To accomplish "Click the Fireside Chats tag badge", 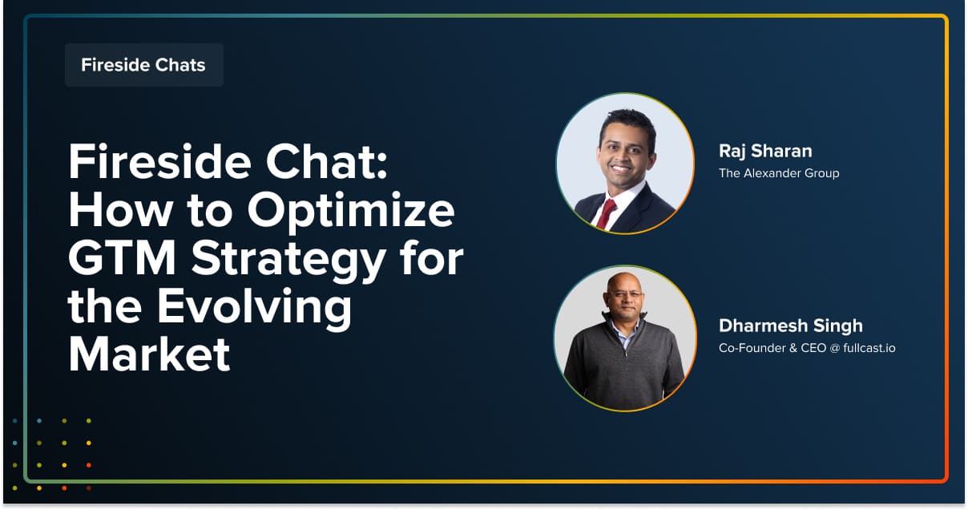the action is pyautogui.click(x=144, y=65).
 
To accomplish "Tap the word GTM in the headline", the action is pyautogui.click(x=123, y=258).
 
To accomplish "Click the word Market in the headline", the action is pyautogui.click(x=149, y=354).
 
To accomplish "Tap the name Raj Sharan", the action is pyautogui.click(x=765, y=151).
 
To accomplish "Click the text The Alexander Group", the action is pyautogui.click(x=779, y=173).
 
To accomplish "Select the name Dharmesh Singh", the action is pyautogui.click(x=790, y=326).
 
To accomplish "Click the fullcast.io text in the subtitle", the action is pyautogui.click(x=869, y=348).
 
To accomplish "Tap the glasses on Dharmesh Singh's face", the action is pyautogui.click(x=625, y=294).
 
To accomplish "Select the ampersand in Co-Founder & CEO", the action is pyautogui.click(x=793, y=348).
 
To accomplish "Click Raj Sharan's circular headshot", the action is pyautogui.click(x=625, y=164).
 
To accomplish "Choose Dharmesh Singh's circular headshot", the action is pyautogui.click(x=625, y=338).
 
